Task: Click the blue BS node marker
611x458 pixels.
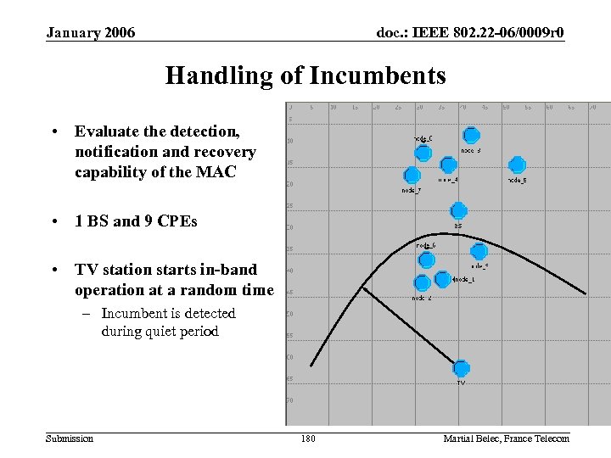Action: [458, 210]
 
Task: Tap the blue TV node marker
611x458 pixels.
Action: [461, 368]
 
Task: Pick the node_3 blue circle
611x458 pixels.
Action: [471, 135]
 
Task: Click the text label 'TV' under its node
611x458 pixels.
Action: [461, 383]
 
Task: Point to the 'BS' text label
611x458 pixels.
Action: [457, 226]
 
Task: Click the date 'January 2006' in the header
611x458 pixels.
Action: [90, 33]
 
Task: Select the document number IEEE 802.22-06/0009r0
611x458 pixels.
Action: [470, 33]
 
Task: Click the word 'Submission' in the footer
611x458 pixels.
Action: [70, 438]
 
